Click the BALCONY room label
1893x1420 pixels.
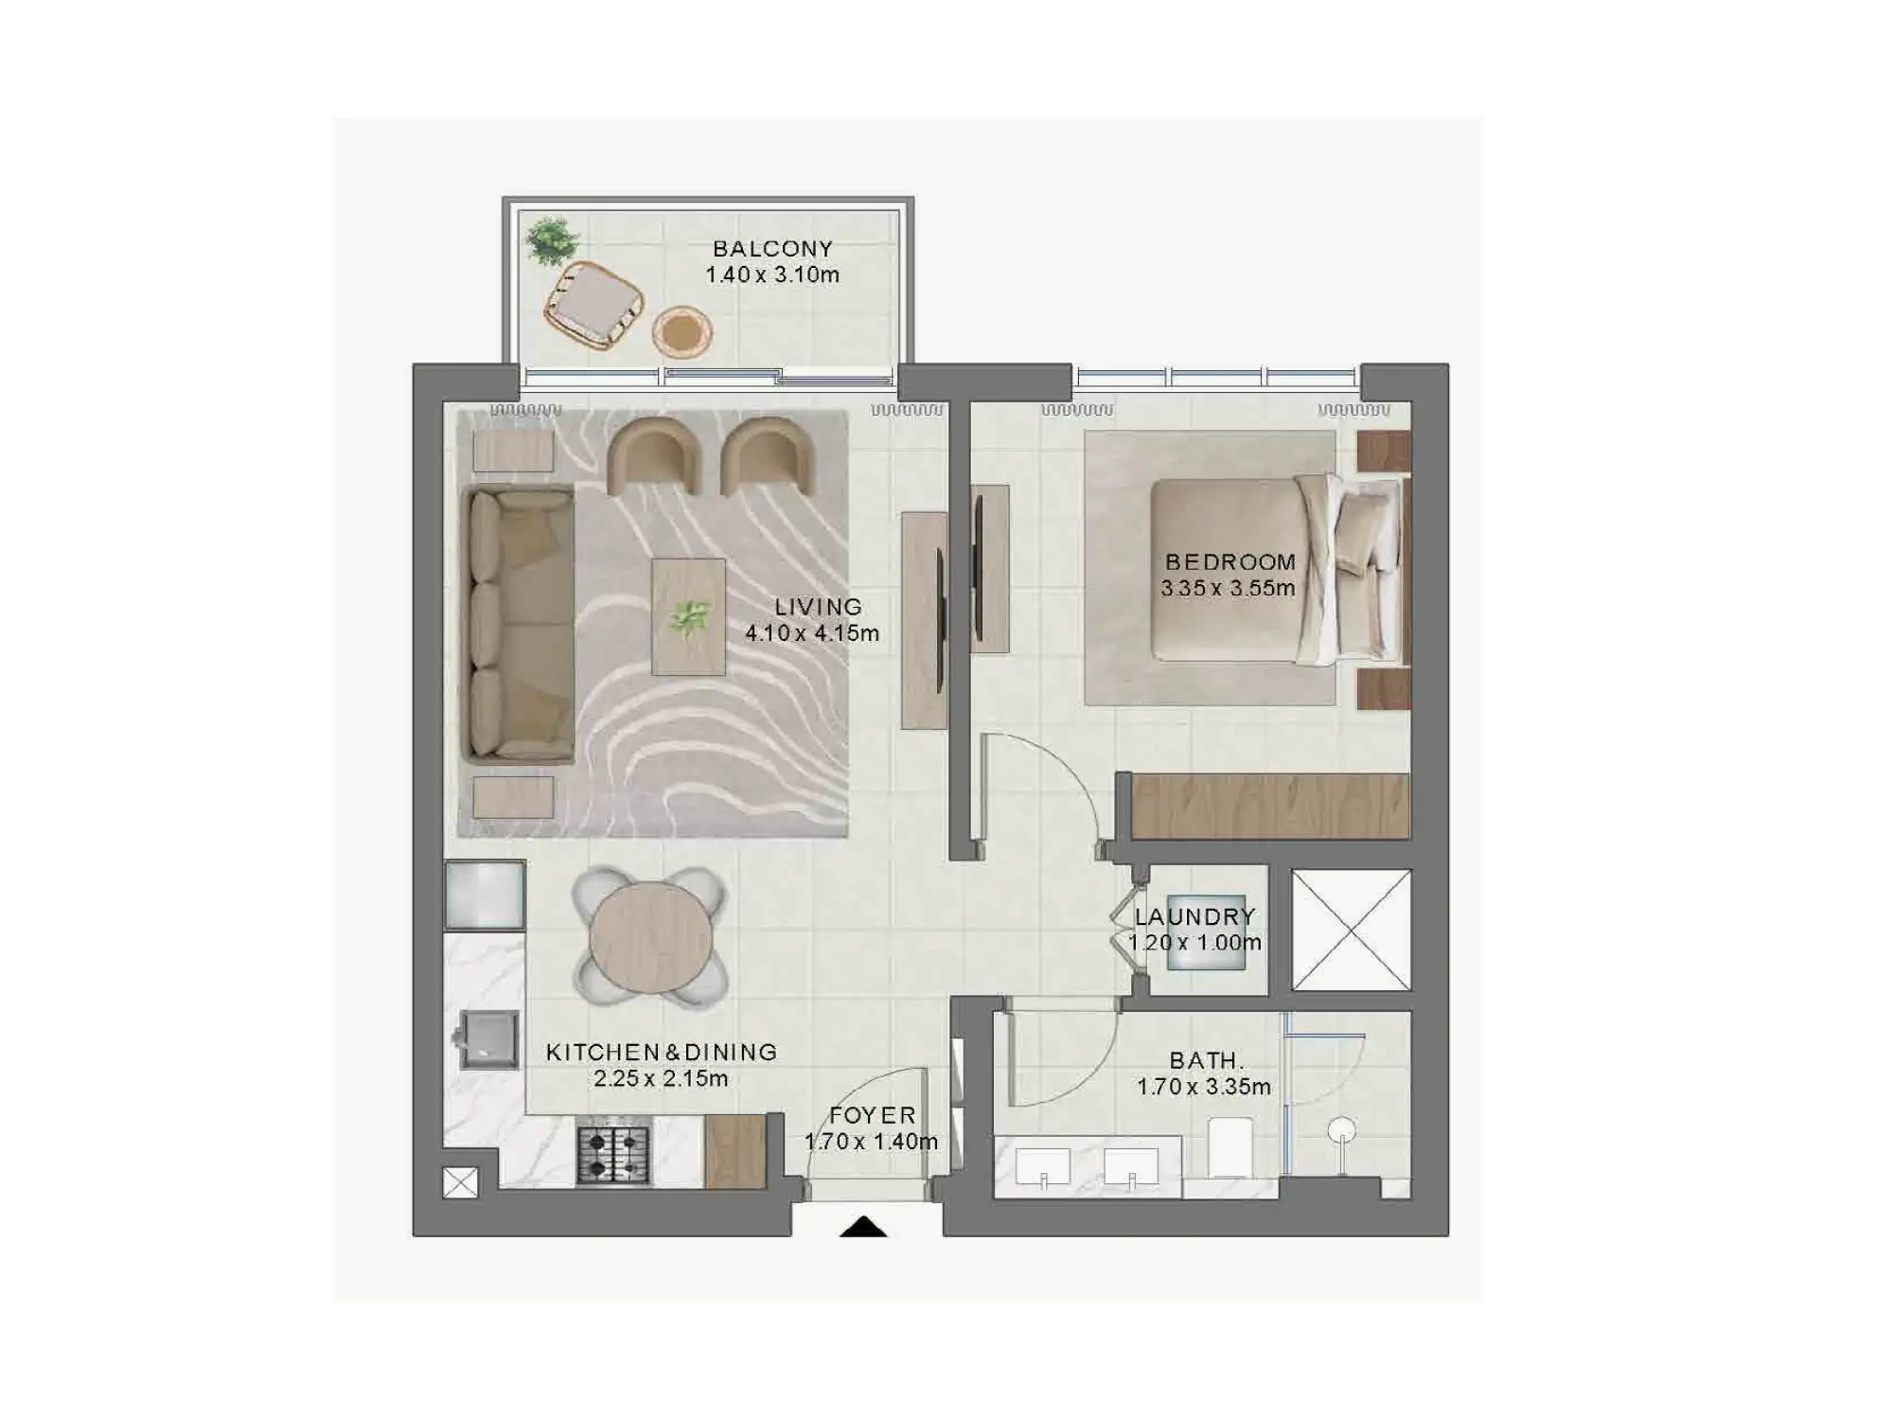click(772, 249)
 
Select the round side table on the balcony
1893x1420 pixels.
click(681, 331)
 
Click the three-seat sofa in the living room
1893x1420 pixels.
click(519, 625)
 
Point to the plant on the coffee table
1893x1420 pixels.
click(689, 618)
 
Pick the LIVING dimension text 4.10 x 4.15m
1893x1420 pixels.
click(812, 633)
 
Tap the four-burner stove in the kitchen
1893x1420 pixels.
click(613, 1155)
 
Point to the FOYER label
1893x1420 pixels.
click(873, 1116)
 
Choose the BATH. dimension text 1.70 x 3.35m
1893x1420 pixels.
click(1204, 1087)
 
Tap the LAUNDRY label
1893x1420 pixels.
click(1195, 916)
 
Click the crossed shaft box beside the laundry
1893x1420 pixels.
click(1351, 931)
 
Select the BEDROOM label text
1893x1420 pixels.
click(1230, 561)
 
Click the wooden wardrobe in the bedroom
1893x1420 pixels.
click(1270, 806)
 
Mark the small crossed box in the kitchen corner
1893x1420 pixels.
click(461, 1182)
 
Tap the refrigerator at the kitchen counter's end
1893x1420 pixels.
click(485, 895)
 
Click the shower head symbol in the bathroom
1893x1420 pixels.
click(1342, 1130)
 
